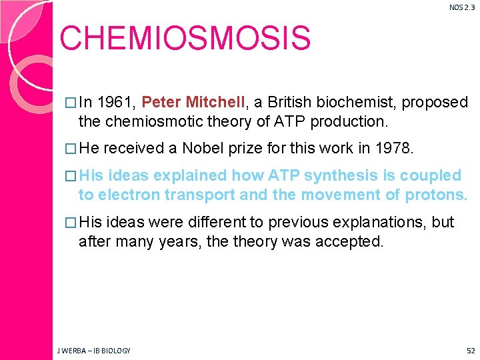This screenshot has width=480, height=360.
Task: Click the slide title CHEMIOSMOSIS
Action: pyautogui.click(x=185, y=39)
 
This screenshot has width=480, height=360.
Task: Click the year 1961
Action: pyautogui.click(x=117, y=103)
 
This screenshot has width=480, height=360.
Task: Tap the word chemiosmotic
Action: pyautogui.click(x=164, y=121)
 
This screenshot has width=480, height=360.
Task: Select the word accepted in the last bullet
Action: pyautogui.click(x=351, y=241)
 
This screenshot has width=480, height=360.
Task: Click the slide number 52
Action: pyautogui.click(x=471, y=350)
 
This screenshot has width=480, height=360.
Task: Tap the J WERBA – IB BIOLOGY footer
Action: pyautogui.click(x=93, y=350)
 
